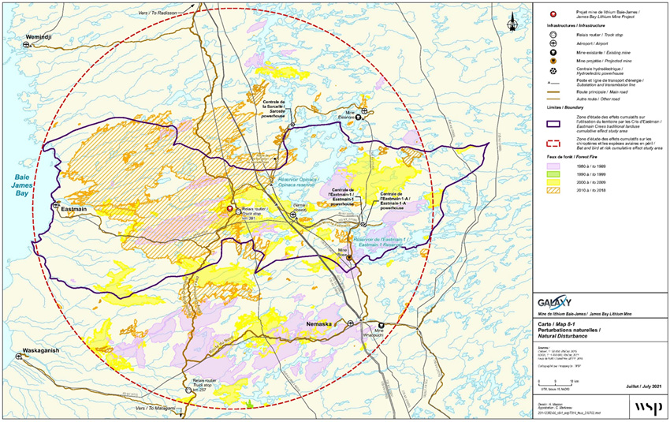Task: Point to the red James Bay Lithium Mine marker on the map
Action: (229, 209)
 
